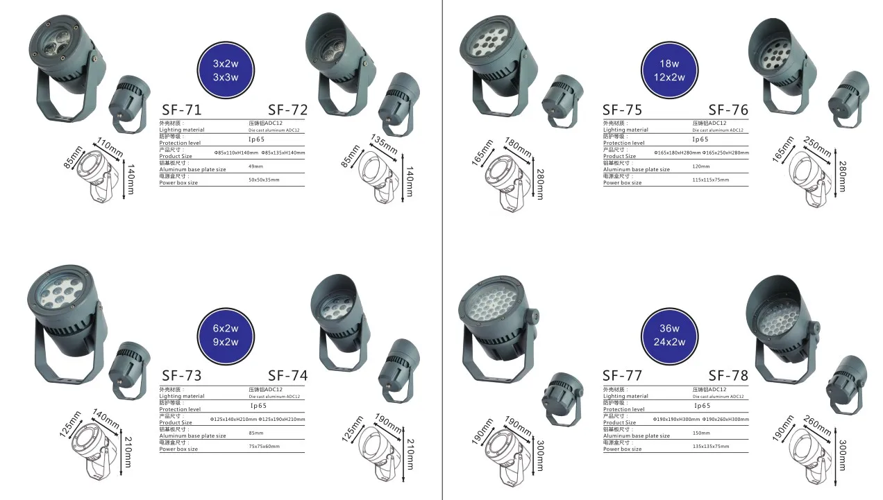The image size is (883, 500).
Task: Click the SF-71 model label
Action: [181, 110]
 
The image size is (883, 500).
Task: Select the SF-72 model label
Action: [287, 110]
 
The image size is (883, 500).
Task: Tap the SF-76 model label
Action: [728, 110]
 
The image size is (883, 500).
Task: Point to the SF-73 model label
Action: [181, 376]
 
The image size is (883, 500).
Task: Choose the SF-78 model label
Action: [728, 376]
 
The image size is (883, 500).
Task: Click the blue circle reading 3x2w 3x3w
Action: [226, 70]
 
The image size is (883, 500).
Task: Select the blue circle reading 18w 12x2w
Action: [669, 70]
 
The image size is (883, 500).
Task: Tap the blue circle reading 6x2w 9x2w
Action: [226, 335]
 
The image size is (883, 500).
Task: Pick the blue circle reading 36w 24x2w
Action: [669, 335]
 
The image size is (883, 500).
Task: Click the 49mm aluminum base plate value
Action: [255, 166]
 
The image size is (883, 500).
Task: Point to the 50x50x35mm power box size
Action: [264, 180]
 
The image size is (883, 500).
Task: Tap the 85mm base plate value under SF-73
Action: [255, 433]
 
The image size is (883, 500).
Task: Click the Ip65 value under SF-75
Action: [700, 139]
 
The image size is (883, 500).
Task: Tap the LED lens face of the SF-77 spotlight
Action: [491, 304]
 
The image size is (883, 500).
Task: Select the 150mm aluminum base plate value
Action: [701, 433]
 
